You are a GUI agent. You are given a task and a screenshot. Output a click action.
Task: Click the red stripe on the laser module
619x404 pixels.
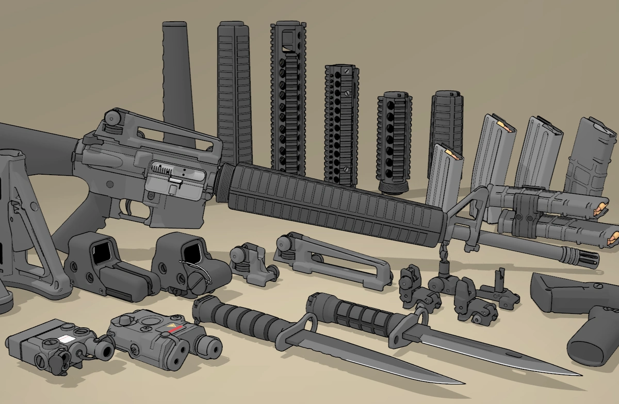(175, 328)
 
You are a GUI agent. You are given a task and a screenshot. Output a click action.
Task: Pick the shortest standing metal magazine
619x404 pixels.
(444, 175)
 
